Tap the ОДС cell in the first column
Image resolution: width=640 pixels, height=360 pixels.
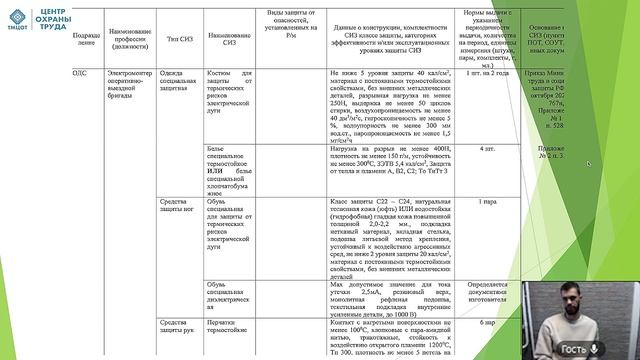[82, 74]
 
